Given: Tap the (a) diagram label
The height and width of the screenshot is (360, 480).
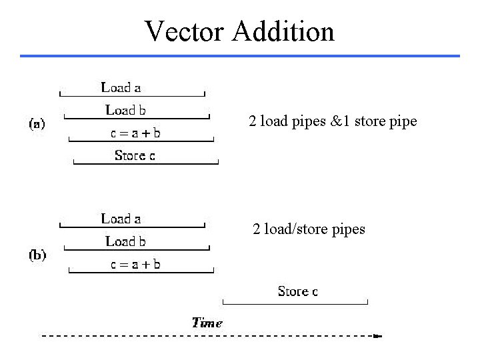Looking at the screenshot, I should click(x=37, y=124).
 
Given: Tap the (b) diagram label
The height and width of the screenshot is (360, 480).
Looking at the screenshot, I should click(x=37, y=255).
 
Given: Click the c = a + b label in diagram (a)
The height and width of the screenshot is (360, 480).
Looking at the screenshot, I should click(x=135, y=133).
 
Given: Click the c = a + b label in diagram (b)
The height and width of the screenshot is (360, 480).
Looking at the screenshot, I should click(x=135, y=265).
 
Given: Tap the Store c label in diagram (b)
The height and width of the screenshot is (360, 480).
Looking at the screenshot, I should click(x=297, y=291).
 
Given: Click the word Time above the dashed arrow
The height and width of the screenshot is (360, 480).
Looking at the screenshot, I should click(x=207, y=323).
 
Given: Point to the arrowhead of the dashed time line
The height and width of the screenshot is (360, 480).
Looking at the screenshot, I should click(x=378, y=337).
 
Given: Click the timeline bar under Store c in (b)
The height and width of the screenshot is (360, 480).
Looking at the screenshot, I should click(x=295, y=303).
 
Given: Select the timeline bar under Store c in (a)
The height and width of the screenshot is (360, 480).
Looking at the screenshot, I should click(x=146, y=163).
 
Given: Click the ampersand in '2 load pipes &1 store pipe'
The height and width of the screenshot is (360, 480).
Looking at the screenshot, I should click(x=326, y=122).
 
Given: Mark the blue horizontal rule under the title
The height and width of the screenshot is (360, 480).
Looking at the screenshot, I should click(x=240, y=55).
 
